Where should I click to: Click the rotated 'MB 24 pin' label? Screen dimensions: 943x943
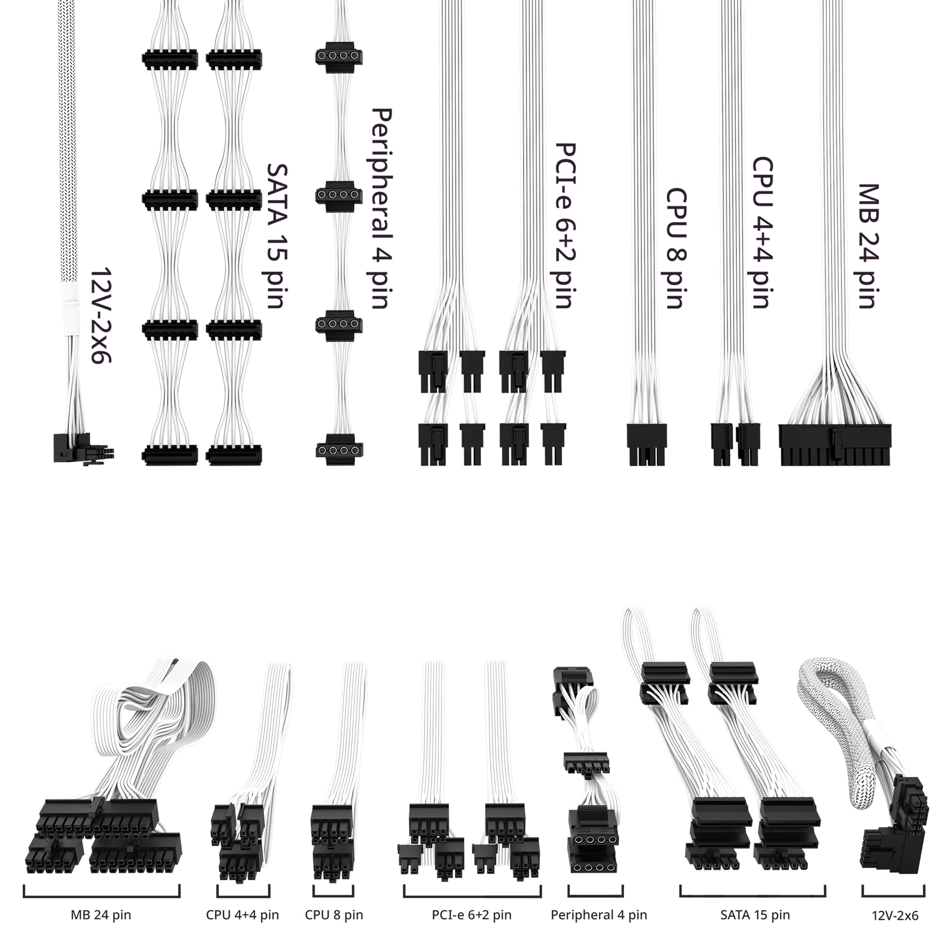click(x=869, y=247)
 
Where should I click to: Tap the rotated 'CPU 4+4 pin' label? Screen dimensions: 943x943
click(x=762, y=233)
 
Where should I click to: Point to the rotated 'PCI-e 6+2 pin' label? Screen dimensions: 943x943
click(x=566, y=226)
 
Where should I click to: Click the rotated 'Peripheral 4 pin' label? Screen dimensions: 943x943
click(x=382, y=209)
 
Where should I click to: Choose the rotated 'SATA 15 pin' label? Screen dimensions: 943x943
click(x=277, y=236)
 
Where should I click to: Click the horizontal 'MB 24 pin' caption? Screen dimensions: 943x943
click(x=101, y=914)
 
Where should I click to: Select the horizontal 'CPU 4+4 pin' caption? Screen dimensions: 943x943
click(x=242, y=914)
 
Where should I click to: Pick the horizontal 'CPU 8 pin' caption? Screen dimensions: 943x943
click(x=334, y=914)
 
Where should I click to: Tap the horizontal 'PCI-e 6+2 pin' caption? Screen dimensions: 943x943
click(x=471, y=914)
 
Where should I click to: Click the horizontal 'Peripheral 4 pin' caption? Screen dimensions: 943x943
click(x=599, y=914)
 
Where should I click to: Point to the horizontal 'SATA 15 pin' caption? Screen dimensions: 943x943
click(x=755, y=914)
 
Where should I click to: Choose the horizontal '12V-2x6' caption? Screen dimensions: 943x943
click(x=895, y=915)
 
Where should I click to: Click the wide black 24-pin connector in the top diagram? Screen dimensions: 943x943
click(x=835, y=445)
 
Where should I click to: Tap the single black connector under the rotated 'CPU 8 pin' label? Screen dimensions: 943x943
click(x=646, y=445)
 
